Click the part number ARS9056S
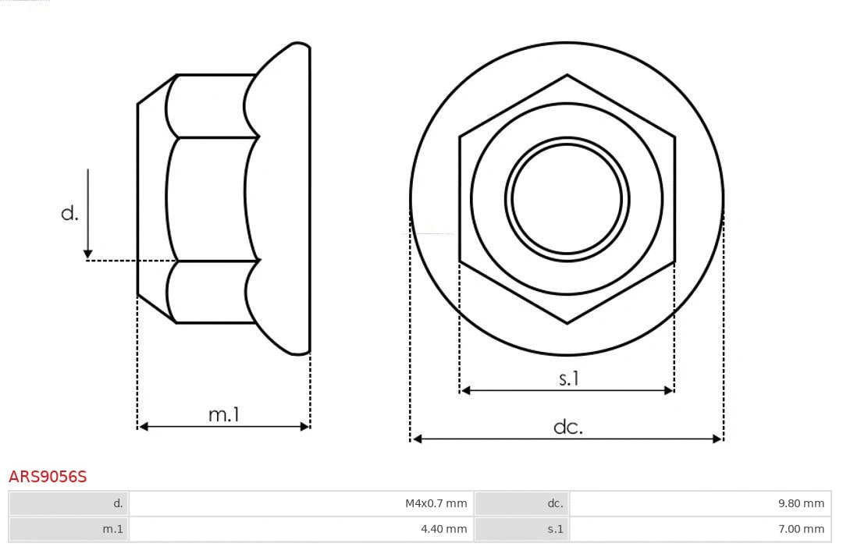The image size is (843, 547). [48, 477]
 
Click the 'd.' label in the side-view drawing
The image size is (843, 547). [70, 213]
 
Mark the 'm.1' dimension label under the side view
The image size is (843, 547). [223, 414]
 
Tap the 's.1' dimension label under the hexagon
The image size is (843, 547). [569, 378]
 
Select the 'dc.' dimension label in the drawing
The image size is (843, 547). [567, 427]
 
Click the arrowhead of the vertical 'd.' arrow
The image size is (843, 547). [88, 254]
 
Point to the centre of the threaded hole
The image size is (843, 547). [567, 198]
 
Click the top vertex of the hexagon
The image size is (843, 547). [567, 76]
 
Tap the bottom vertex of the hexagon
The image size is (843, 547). [567, 322]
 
